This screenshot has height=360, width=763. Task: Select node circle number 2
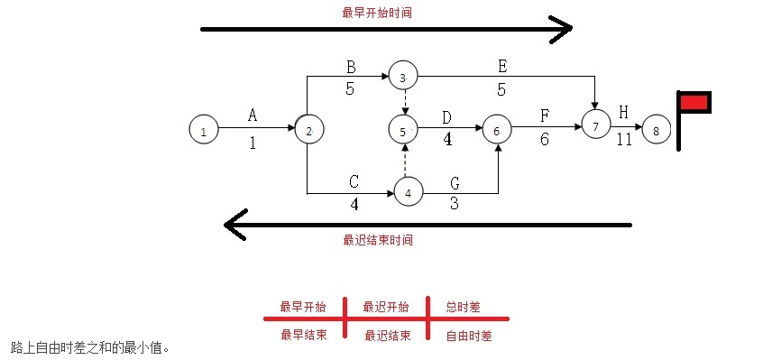(x=308, y=130)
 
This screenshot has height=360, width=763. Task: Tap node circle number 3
(x=403, y=77)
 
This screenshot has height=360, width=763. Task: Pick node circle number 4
(x=408, y=192)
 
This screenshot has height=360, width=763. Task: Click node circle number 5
(x=403, y=130)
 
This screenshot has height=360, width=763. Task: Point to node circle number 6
(x=496, y=130)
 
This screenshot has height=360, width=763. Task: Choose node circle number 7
(x=595, y=126)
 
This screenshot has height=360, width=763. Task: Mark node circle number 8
(x=656, y=130)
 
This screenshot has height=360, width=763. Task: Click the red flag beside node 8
(x=694, y=102)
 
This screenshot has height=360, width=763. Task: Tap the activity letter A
(x=253, y=115)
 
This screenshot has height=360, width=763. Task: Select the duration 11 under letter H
(x=624, y=140)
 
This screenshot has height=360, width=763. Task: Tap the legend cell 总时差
(x=463, y=307)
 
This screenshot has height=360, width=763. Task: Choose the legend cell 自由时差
(x=468, y=336)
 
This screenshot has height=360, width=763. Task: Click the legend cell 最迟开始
(x=385, y=307)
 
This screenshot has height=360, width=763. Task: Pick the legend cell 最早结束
(x=303, y=336)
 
